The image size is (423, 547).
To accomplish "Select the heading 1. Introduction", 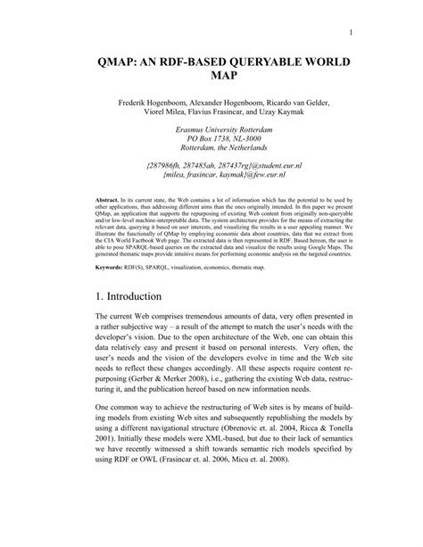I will (134, 319).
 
